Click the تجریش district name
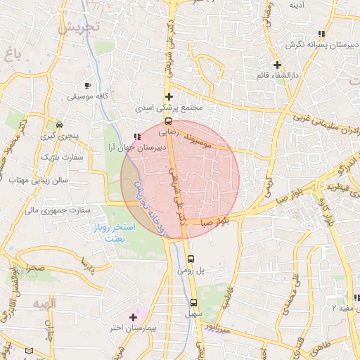point(78,28)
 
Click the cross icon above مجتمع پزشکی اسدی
point(168,96)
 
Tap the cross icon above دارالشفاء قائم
point(277,65)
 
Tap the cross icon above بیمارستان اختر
point(133,317)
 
